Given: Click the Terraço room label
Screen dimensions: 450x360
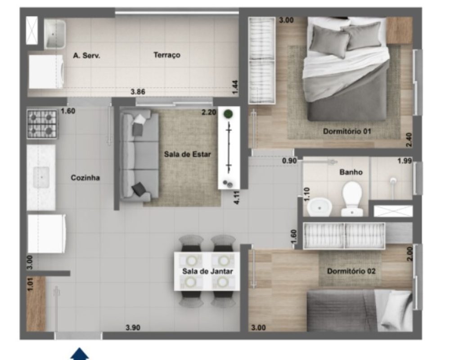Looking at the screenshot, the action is [167, 55].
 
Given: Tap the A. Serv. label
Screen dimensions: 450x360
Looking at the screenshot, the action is [87, 55].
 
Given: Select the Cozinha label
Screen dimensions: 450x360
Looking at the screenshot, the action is [85, 178].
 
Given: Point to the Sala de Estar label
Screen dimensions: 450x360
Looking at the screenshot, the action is [187, 154].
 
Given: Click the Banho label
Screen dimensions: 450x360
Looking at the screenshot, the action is [351, 172].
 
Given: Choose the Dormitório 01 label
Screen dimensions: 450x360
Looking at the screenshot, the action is [347, 131].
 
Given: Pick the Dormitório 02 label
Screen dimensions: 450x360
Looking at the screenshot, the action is [351, 271].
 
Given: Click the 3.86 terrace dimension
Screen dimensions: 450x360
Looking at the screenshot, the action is [138, 92].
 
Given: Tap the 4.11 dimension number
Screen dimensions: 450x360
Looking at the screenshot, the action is [237, 198].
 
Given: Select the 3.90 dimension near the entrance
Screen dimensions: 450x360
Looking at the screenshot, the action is [133, 327].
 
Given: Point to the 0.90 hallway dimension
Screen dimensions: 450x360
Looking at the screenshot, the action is [289, 161].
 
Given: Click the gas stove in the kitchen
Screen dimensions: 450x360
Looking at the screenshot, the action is [42, 124].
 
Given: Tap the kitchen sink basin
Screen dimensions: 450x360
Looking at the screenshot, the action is [41, 177].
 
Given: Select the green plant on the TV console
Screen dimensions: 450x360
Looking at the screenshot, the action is [228, 114].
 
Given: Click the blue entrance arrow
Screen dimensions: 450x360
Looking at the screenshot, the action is [80, 354].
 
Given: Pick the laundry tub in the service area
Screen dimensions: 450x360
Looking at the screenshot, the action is [55, 34].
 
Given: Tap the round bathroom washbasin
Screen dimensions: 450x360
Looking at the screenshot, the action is [319, 207].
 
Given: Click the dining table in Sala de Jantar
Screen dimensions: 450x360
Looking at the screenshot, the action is [207, 271].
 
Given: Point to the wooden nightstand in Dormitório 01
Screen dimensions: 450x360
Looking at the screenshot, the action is [399, 30].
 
